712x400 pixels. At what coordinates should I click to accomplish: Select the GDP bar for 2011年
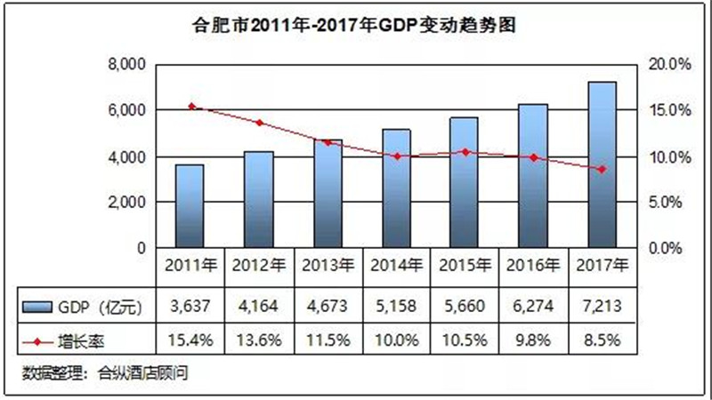[x=190, y=206]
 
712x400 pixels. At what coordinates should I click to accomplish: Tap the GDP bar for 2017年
[x=603, y=165]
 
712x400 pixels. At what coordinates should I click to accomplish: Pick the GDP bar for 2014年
[x=396, y=188]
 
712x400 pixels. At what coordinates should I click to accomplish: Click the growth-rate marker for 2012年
[x=259, y=123]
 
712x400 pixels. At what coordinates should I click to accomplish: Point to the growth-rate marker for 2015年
[x=465, y=152]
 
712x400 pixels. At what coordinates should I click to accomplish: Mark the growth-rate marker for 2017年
[x=603, y=169]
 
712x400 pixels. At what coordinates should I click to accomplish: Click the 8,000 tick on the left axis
[x=125, y=65]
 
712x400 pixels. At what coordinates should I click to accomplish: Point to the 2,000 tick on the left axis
[x=125, y=203]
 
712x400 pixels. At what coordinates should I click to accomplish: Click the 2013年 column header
[x=328, y=265]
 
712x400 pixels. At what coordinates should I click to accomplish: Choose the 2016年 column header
[x=534, y=265]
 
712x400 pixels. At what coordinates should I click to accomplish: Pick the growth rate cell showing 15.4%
[x=190, y=339]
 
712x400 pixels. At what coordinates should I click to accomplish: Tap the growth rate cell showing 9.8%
[x=534, y=339]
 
